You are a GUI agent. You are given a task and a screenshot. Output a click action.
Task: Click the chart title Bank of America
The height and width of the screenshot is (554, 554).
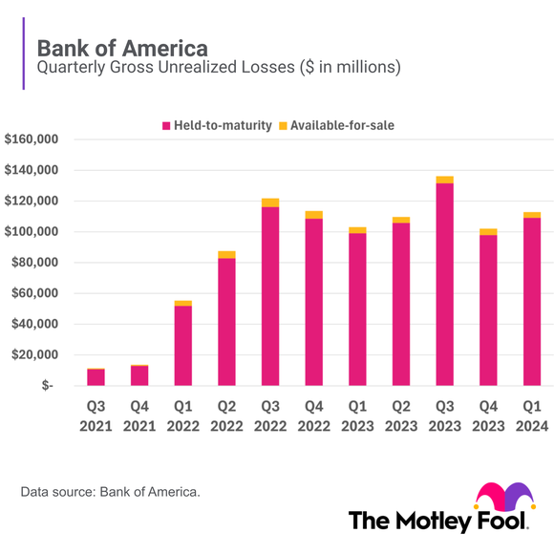coord(121,47)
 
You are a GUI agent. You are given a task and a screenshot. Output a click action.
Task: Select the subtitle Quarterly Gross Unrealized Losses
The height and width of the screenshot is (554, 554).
coord(218,68)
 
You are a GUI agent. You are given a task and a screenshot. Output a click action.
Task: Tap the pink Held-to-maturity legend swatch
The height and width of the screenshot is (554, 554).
coord(166,126)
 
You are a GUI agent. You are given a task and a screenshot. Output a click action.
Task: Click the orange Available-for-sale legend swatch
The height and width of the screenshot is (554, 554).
coord(282,126)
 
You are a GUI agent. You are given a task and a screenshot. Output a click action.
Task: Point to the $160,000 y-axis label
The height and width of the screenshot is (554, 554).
coord(32,140)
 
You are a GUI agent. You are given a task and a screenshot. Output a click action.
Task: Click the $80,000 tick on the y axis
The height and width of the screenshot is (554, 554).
coord(35,263)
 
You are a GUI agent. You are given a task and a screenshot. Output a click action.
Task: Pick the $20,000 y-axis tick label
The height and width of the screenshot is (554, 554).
coord(35,354)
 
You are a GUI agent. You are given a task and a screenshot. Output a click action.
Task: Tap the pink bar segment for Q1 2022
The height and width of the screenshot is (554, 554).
coord(183,345)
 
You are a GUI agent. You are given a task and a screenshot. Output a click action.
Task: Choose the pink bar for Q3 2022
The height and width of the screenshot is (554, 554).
coord(270,296)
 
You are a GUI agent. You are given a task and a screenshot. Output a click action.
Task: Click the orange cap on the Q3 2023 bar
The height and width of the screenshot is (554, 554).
coord(444,180)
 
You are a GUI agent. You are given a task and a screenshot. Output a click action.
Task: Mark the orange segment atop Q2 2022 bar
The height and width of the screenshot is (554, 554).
coord(226,255)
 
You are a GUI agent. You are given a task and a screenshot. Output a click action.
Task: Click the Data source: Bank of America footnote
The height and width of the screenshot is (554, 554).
coord(110,492)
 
